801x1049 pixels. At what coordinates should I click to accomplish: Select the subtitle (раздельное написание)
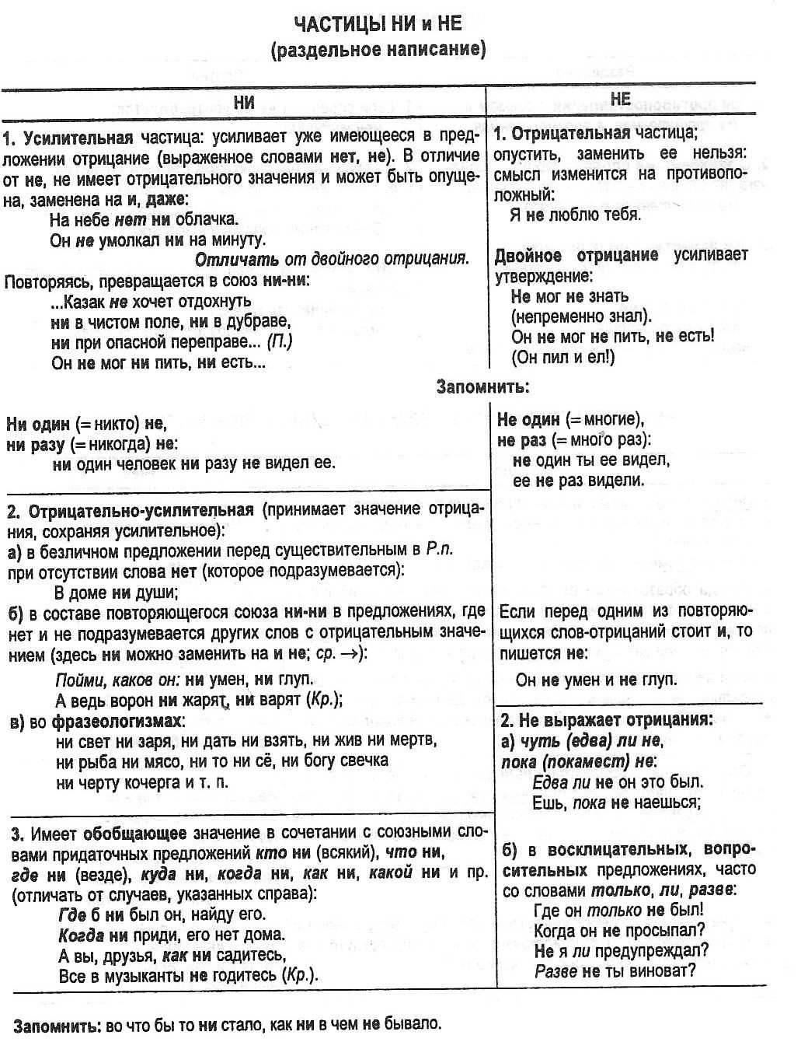[x=378, y=51]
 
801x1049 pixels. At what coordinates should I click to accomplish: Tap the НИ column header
[x=244, y=103]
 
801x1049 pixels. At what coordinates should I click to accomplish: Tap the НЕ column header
[x=621, y=99]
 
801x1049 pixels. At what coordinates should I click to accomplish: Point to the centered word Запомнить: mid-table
[x=482, y=386]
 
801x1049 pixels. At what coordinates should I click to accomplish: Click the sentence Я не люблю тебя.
[x=575, y=215]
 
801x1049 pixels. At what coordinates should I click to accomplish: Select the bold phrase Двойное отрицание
[x=576, y=255]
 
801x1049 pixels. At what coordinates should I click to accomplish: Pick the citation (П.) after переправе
[x=280, y=342]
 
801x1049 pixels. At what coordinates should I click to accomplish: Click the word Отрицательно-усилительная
[x=141, y=511]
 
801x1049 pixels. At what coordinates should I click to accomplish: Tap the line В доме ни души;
[x=117, y=593]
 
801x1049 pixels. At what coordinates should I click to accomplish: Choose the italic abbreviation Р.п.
[x=439, y=551]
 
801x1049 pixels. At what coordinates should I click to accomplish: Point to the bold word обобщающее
[x=134, y=834]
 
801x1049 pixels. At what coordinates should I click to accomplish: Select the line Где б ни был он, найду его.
[x=162, y=914]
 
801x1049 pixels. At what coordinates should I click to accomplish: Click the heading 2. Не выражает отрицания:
[x=606, y=719]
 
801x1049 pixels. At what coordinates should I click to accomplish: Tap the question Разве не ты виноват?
[x=615, y=970]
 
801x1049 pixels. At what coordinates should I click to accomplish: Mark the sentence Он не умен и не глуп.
[x=596, y=680]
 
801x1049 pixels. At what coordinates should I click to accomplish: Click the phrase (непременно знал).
[x=581, y=316]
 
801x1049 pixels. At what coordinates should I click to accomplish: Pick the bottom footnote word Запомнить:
[x=57, y=1024]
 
